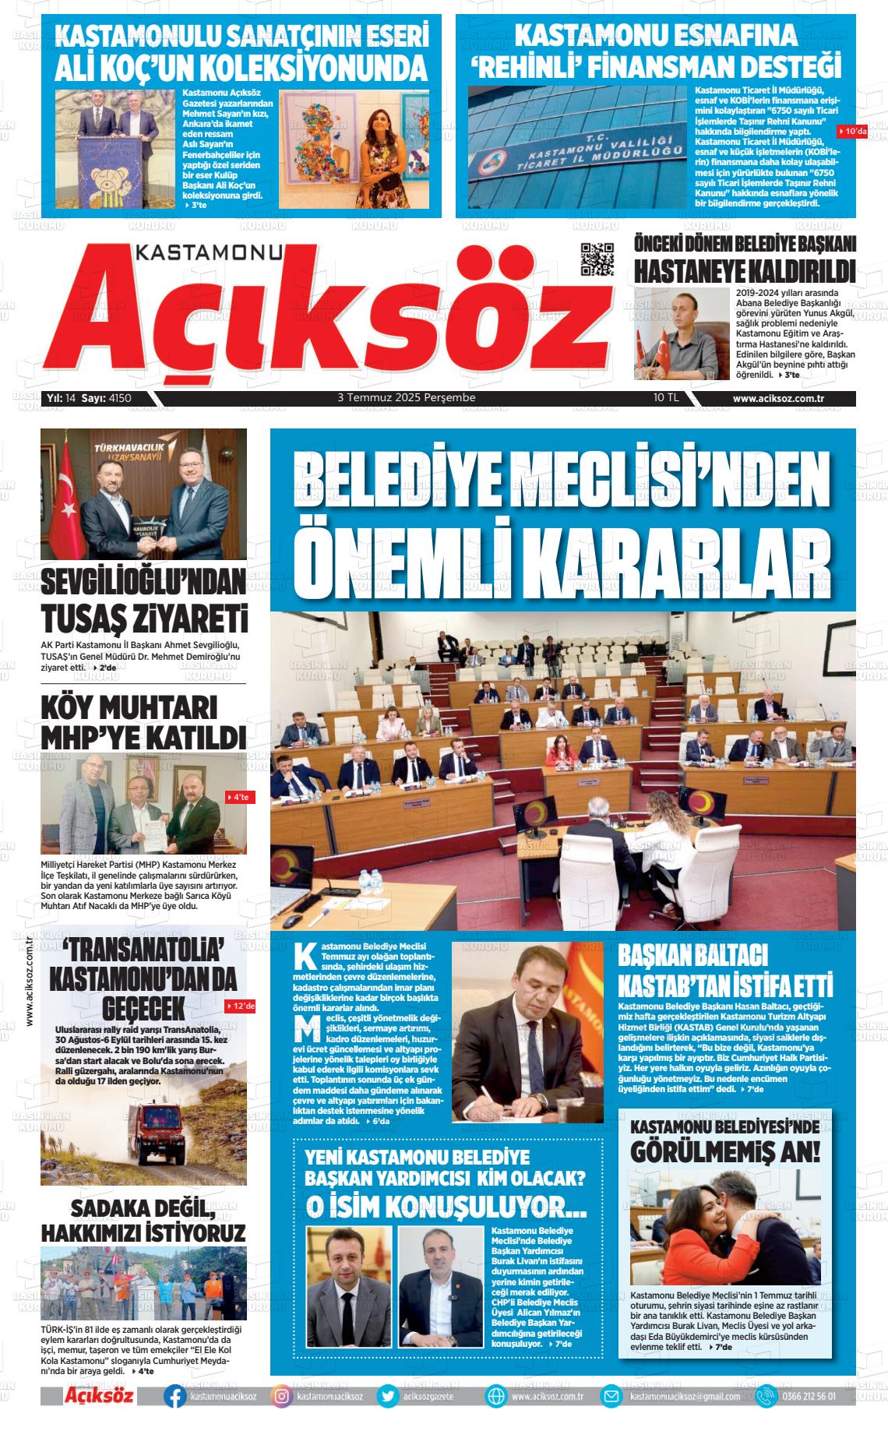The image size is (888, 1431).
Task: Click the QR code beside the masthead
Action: point(597,259)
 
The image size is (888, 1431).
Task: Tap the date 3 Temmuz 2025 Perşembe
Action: point(406,397)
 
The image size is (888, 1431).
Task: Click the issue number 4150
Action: point(120,398)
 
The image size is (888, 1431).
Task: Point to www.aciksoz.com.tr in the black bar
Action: point(778,398)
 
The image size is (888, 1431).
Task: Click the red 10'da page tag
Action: point(852,131)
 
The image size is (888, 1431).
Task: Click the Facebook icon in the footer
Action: point(174,1397)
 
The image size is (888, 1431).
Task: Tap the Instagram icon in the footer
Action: point(282,1397)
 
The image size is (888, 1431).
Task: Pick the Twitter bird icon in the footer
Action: point(387,1397)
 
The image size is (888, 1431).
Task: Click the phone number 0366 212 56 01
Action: point(808,1397)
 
